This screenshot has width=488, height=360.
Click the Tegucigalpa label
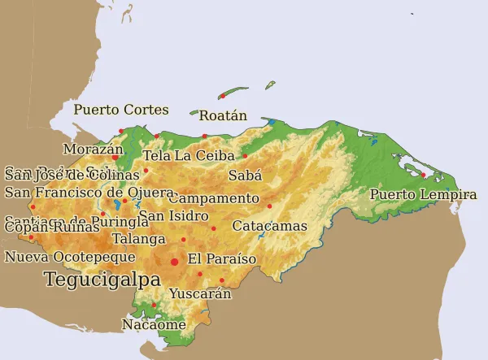(102, 280)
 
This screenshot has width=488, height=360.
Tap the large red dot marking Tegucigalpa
(174, 262)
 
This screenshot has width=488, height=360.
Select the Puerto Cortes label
(121, 110)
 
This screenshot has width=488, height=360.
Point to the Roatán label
(223, 115)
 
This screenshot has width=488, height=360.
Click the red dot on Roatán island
(222, 96)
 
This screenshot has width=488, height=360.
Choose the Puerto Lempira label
(423, 195)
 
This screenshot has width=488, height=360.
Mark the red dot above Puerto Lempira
(423, 174)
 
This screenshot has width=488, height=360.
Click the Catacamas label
(269, 226)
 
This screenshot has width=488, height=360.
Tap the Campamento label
(214, 198)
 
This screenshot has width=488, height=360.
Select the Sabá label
(245, 175)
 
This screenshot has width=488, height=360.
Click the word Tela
(156, 155)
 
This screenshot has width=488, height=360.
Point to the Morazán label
(93, 150)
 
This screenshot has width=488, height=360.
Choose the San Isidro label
(173, 216)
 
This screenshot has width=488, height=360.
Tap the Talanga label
(138, 239)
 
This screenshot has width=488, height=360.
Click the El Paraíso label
(221, 259)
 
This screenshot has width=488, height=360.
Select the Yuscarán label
(200, 294)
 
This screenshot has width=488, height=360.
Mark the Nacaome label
(154, 324)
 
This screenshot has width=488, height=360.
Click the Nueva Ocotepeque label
(70, 258)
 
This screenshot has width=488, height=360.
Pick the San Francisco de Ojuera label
(89, 193)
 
